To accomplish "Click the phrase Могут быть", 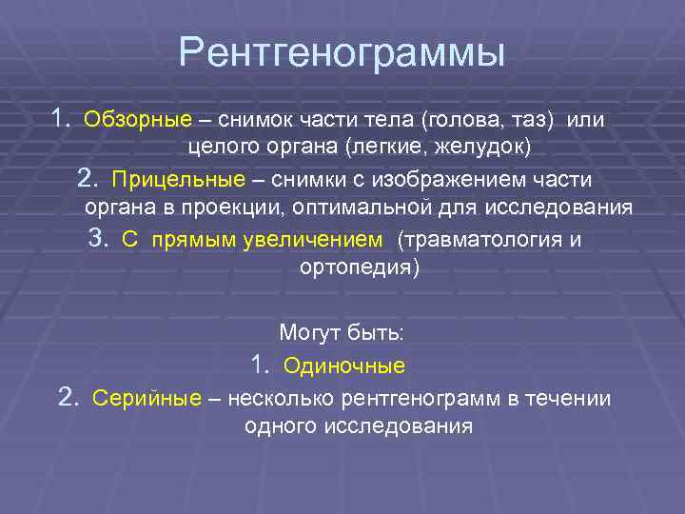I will (342, 334).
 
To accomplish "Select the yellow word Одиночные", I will (344, 366).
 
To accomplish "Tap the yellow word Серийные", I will (146, 398).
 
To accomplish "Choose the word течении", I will (569, 398).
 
